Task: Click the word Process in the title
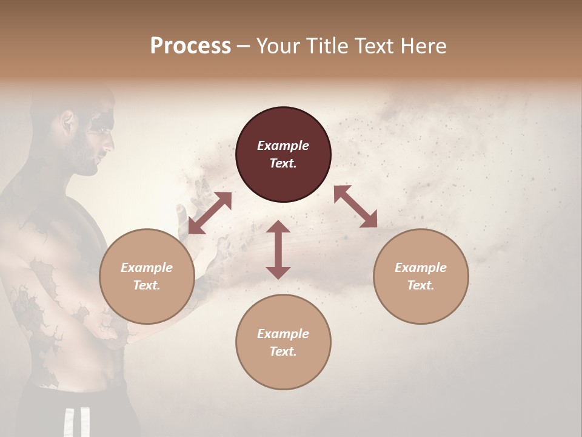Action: pos(190,46)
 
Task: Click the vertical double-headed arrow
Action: pos(278,249)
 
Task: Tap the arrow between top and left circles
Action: pos(210,213)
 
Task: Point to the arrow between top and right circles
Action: pos(355,206)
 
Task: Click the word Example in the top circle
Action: pos(283,146)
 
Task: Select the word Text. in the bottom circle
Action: pos(283,351)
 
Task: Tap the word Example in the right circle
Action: pos(421,268)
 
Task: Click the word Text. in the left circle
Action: pos(147,285)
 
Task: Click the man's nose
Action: pos(110,144)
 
